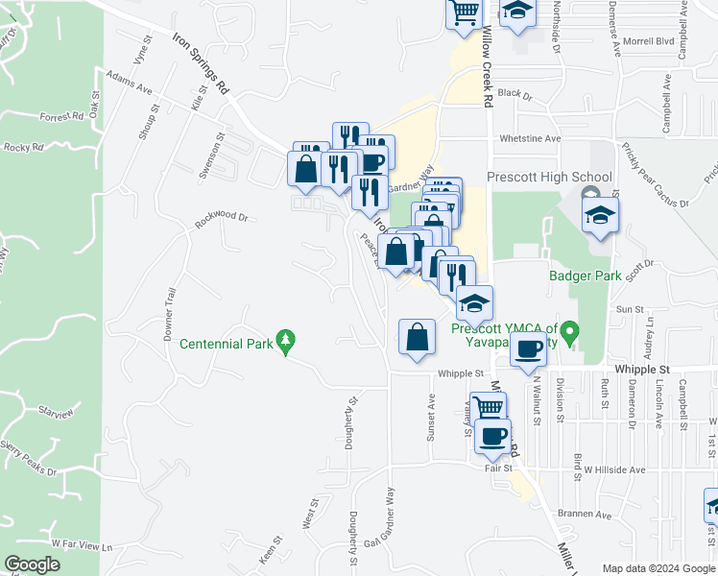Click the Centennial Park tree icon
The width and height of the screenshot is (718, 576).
coord(285,341)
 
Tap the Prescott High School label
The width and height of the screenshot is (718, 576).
coord(549,177)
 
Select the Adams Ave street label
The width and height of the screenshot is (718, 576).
coord(130,82)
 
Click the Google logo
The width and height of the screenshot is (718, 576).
coord(32,564)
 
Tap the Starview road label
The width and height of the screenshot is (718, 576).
coord(56,413)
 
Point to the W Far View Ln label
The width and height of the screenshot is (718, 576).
coord(82,544)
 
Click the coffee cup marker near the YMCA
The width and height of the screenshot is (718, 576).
coord(528,348)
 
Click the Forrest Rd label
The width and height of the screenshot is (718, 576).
coord(61,117)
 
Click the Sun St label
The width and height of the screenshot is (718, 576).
coord(630,309)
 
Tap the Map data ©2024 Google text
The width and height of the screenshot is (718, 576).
coord(658,569)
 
